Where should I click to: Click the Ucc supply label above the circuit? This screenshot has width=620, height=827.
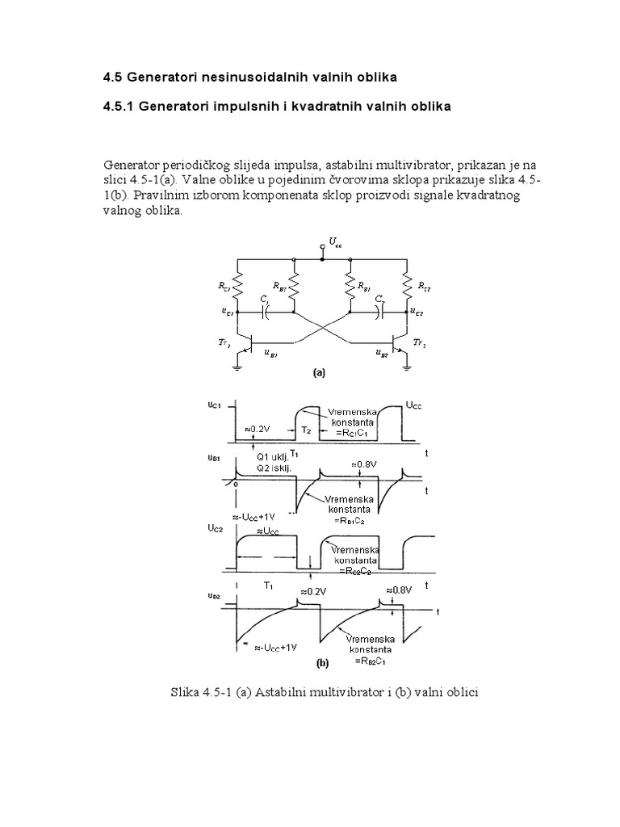335,243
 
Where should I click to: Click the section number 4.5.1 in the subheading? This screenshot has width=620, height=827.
119,107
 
